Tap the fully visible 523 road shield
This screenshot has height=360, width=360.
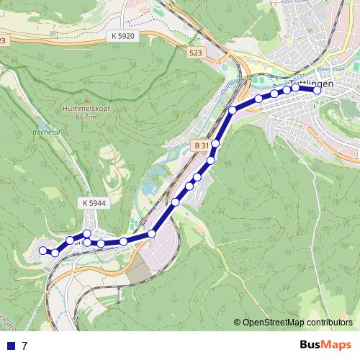point(195,53)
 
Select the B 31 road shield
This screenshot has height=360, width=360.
point(201,145)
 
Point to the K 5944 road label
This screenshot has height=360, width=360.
point(94,204)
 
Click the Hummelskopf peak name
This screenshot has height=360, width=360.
point(85,109)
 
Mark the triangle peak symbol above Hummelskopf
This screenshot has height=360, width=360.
point(85,101)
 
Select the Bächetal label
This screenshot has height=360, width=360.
point(44,133)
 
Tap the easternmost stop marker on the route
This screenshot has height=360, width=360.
point(317,89)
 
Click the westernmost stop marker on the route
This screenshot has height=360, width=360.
point(42,250)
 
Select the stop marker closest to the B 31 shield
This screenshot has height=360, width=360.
point(215,145)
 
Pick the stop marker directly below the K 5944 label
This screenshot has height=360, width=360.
point(87,233)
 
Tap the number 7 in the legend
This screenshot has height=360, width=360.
point(24,346)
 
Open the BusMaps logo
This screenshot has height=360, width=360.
point(325,345)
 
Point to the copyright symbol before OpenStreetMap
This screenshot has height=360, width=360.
point(238,323)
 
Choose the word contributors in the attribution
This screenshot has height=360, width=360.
point(328,323)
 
